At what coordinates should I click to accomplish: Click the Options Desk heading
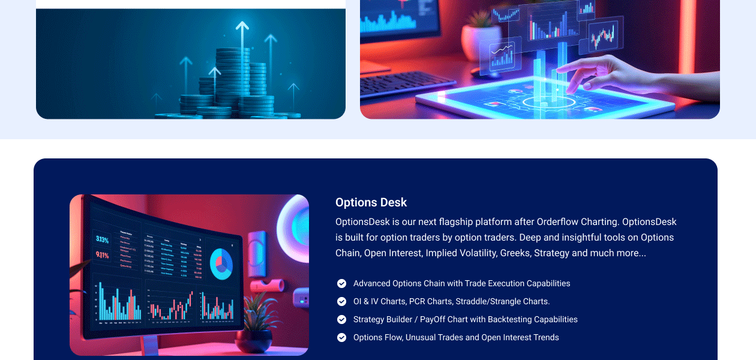[x=371, y=202]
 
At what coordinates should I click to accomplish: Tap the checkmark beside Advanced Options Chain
[x=342, y=283]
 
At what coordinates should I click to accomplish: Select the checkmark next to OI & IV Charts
[x=342, y=301]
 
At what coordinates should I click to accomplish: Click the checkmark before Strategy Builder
[x=342, y=319]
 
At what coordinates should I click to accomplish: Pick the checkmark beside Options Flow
[x=342, y=337]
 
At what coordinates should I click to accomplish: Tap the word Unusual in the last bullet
[x=421, y=337]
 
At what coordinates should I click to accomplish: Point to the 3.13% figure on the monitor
[x=102, y=239]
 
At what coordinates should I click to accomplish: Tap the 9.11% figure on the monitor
[x=102, y=255]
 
